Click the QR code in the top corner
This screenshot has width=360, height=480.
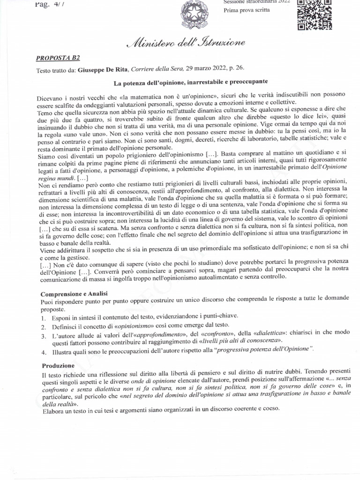315,14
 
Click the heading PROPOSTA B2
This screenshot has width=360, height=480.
58,58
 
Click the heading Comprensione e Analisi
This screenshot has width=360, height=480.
71,293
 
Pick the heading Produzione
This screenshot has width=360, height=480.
58,365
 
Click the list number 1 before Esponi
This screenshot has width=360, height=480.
42,316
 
